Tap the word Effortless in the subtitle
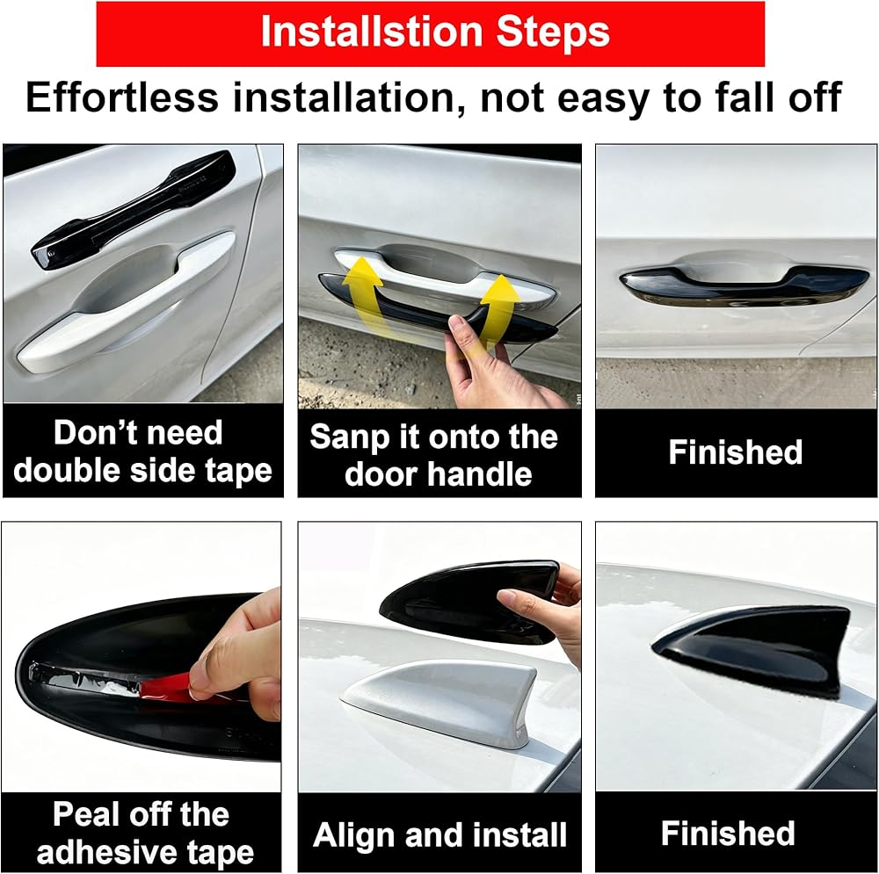click(x=121, y=98)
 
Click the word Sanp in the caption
click(x=349, y=437)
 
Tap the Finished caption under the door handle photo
click(x=736, y=452)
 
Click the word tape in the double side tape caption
click(x=238, y=471)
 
